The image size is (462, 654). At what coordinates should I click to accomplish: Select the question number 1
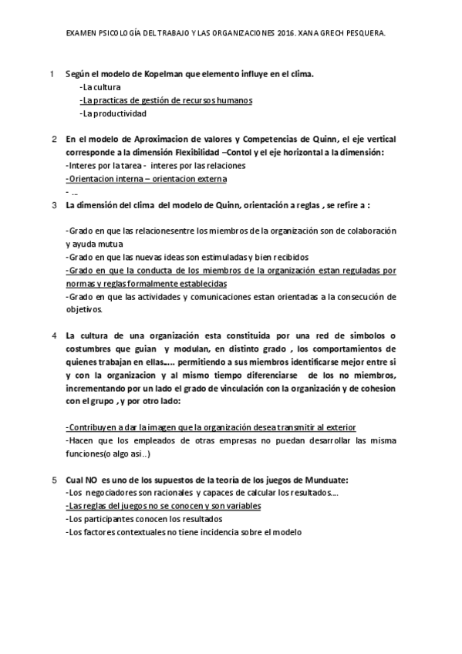click(51, 74)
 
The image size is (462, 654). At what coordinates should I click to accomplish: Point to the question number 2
click(53, 140)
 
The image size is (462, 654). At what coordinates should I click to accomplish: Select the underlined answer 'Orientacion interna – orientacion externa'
click(147, 179)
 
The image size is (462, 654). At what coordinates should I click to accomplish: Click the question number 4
click(53, 335)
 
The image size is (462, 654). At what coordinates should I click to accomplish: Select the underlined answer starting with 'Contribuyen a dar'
click(217, 427)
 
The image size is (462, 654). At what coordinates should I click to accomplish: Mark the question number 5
click(53, 480)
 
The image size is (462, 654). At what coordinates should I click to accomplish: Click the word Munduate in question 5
click(325, 480)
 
